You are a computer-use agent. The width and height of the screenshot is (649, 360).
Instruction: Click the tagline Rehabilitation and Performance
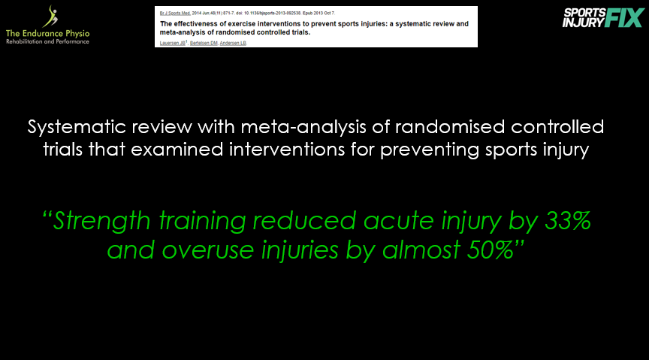pos(47,41)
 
